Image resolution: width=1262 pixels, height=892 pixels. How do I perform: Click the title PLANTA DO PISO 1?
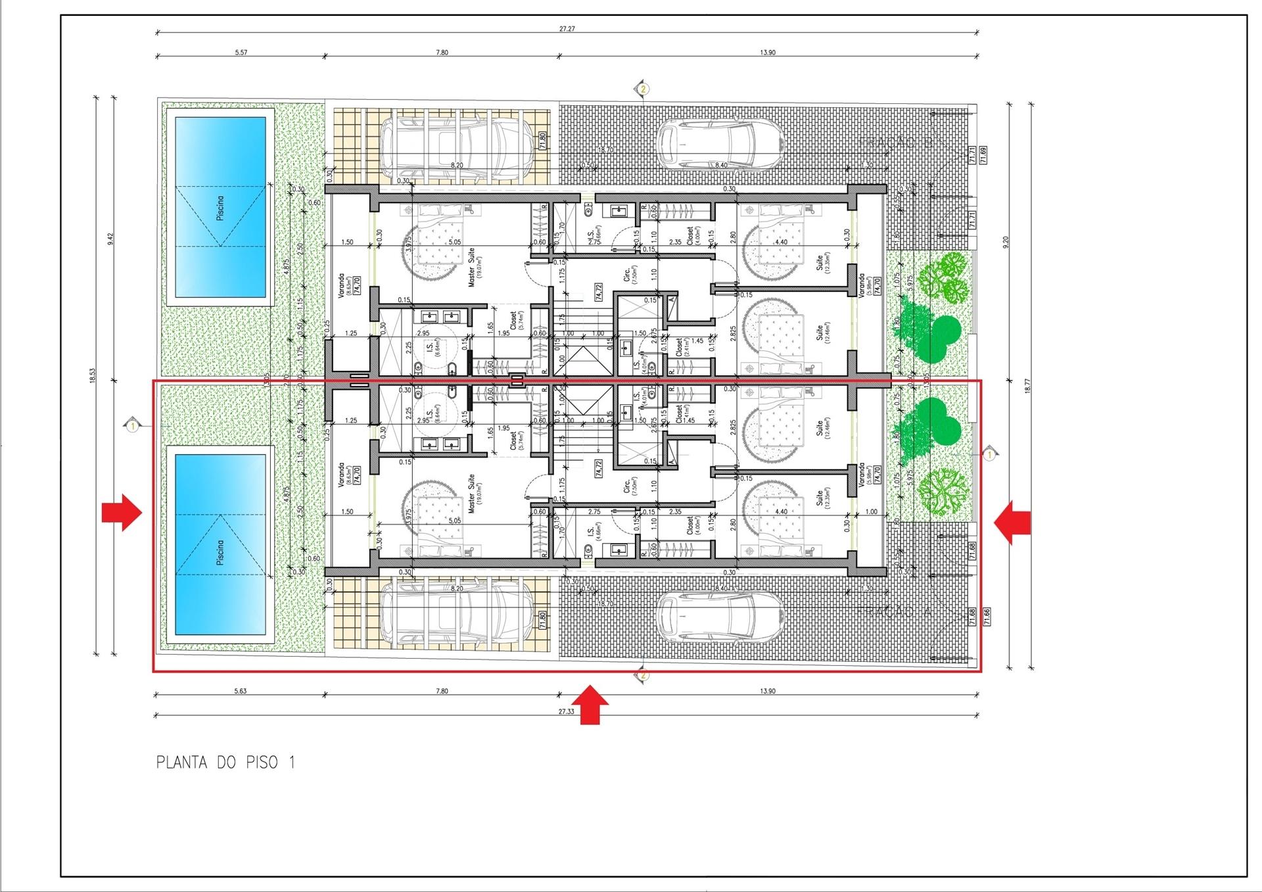225,763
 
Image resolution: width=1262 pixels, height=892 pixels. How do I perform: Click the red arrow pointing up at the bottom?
594,705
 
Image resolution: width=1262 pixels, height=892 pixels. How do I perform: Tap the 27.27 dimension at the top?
567,29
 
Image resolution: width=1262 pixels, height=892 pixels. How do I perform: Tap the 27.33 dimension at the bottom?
566,711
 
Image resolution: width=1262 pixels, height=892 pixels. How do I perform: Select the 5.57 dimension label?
241,53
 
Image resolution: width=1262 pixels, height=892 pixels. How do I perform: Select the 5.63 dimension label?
241,691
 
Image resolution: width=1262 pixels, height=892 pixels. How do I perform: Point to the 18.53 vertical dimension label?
93,375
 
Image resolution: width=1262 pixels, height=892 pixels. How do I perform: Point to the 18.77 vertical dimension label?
1027,386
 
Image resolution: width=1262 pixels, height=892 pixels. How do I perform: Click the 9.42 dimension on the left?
111,239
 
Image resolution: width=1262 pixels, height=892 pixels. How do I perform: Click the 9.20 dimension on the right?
1006,242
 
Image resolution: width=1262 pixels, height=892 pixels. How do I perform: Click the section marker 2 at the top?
643,89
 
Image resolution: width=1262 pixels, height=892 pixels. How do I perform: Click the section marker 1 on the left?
133,426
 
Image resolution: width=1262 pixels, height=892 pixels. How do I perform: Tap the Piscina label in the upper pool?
220,208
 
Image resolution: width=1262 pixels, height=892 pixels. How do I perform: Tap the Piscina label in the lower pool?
220,552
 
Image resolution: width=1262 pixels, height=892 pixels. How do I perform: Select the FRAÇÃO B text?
895,143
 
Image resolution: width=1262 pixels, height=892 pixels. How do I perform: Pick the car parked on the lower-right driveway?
721,617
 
